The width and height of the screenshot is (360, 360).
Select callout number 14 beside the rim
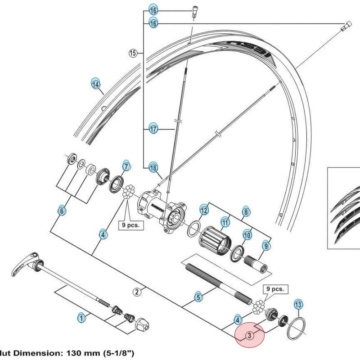tap(95, 84)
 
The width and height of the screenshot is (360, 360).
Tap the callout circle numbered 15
tap(133, 54)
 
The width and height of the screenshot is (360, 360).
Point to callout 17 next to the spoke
tap(153, 129)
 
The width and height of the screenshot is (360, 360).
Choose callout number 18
tap(153, 168)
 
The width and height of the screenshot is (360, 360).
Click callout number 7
tap(126, 166)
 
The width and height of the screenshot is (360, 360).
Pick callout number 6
tap(62, 210)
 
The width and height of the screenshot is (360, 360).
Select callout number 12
tap(204, 210)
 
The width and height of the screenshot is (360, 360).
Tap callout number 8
tap(246, 211)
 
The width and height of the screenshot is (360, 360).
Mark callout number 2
tap(138, 292)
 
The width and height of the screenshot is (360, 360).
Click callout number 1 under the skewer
tap(81, 318)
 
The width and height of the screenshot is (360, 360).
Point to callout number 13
tap(298, 305)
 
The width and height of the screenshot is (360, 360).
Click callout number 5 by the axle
tap(198, 297)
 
